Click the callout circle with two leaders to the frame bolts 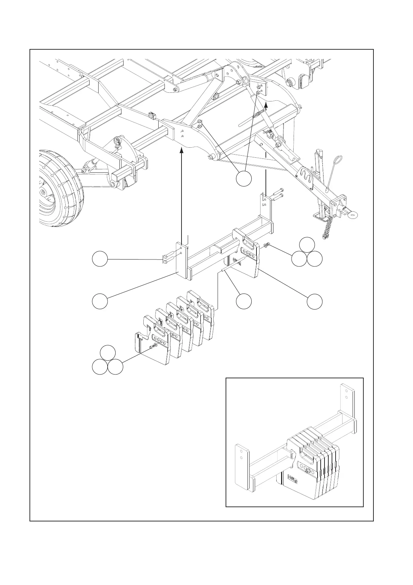click(x=244, y=179)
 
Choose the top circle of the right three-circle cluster click(x=307, y=245)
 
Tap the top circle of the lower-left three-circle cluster click(x=108, y=353)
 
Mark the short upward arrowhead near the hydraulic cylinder click(x=266, y=105)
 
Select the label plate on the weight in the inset click(x=293, y=480)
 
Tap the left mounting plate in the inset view click(x=242, y=467)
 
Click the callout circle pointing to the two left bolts click(x=100, y=259)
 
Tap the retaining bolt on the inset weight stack click(x=308, y=471)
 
